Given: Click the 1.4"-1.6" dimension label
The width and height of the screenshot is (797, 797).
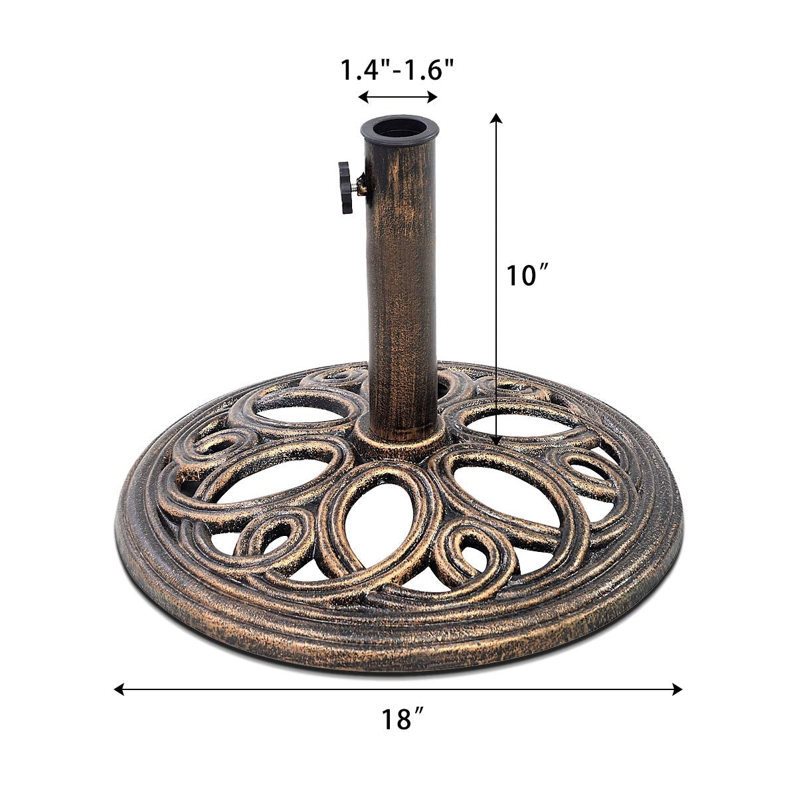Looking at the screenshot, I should click(x=398, y=68).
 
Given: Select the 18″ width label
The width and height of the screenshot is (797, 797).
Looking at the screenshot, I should click(x=402, y=719).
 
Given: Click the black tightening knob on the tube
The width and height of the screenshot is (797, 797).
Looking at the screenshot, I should click(x=345, y=187).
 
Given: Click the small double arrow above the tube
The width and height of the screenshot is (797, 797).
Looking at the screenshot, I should click(x=398, y=98).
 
